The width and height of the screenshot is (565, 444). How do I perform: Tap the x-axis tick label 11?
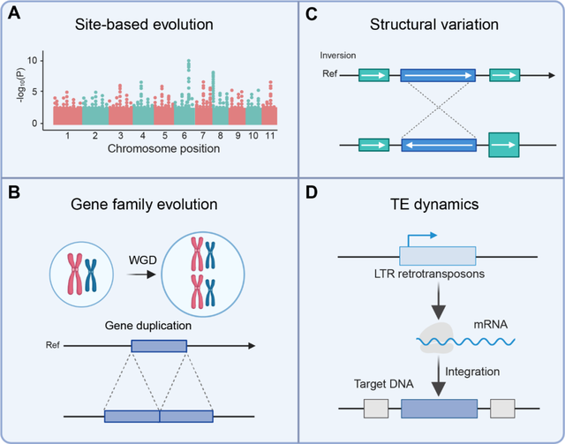coord(270,138)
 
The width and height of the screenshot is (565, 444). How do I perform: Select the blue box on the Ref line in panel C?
coord(438,77)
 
